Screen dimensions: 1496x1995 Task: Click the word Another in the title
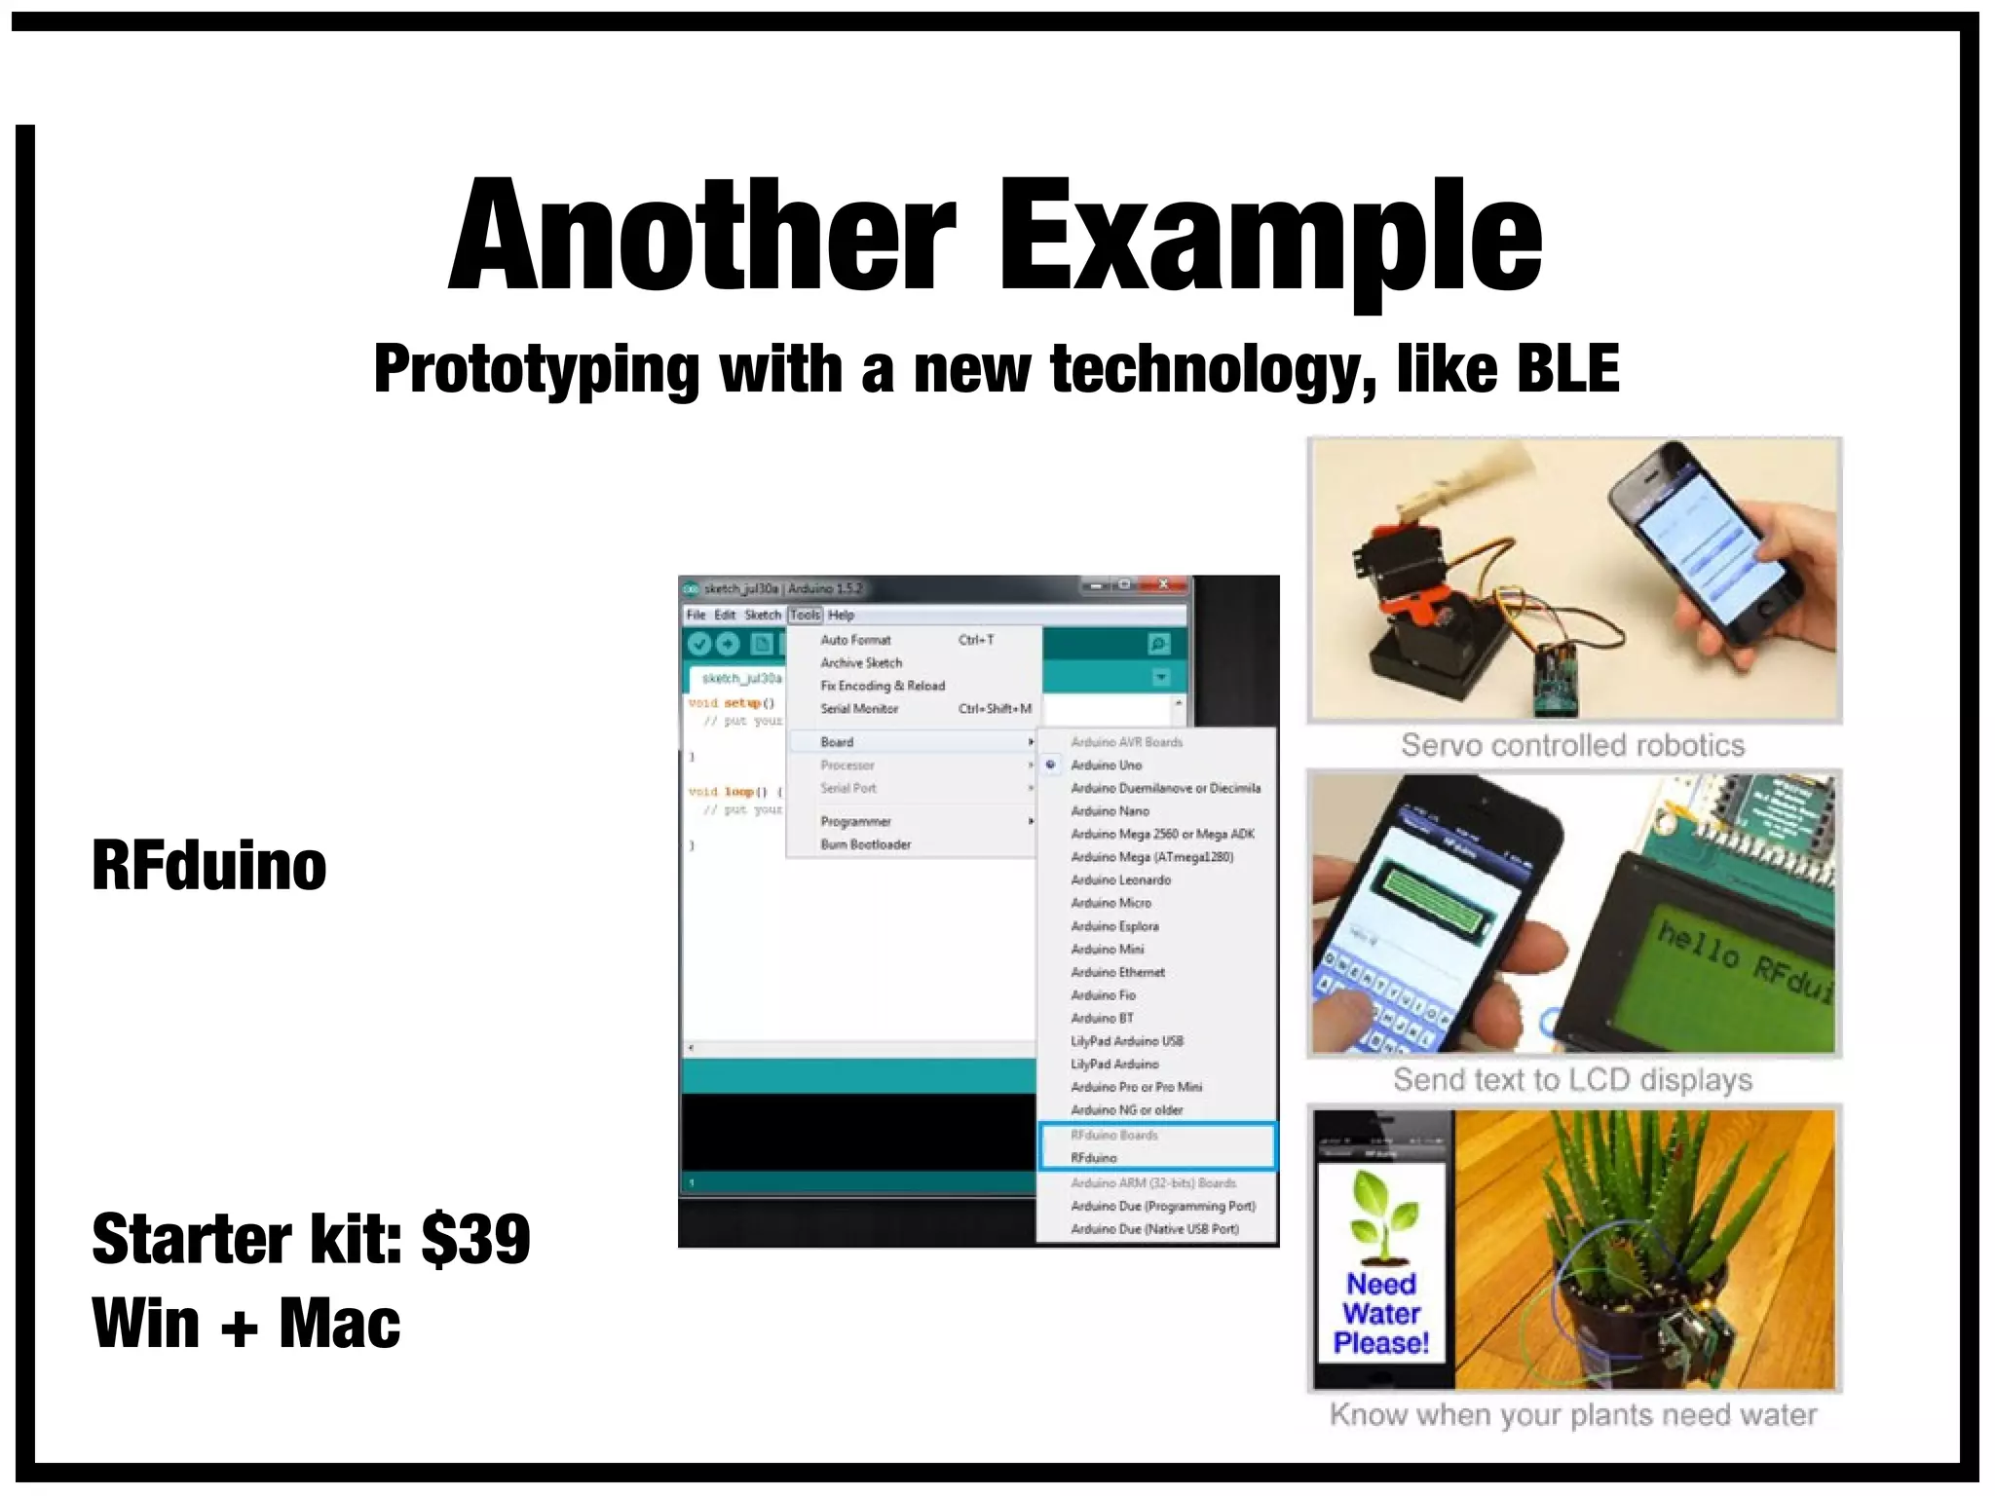point(701,236)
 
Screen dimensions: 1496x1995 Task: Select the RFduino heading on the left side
point(209,865)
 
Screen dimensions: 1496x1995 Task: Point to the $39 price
point(475,1239)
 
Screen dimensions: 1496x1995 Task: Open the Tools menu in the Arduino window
point(805,615)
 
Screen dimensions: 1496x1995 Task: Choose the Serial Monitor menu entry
point(859,709)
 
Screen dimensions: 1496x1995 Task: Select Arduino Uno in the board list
point(1106,766)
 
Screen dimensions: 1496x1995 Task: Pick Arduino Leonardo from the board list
point(1120,880)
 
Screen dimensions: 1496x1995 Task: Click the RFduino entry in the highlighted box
point(1094,1158)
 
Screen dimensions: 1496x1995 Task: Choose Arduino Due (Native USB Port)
point(1154,1229)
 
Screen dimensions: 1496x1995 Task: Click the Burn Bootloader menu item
point(865,844)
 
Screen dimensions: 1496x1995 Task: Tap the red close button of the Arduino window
point(1163,585)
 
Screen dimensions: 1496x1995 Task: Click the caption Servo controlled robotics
point(1572,746)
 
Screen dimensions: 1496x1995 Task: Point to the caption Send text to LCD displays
point(1572,1080)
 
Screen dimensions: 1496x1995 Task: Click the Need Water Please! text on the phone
point(1380,1313)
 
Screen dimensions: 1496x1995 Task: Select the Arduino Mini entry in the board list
point(1108,950)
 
